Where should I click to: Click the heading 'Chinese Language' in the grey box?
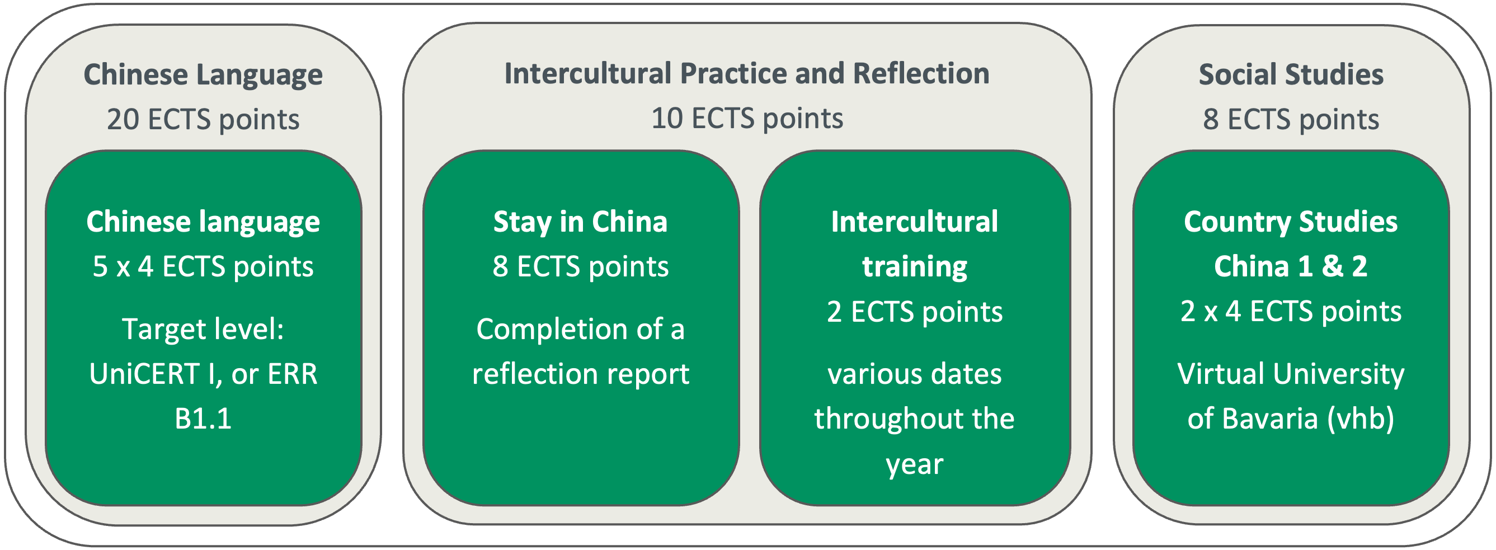203,76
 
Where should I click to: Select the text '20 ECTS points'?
203,120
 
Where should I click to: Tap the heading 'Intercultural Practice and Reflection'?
747,74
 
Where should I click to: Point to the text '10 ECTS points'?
747,119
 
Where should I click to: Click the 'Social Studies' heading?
1291,74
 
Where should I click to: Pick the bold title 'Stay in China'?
581,222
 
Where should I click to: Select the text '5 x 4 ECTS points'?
203,266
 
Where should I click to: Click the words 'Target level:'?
203,330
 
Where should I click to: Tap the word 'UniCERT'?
144,374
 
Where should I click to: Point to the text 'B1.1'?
203,419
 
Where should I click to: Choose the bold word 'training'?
915,267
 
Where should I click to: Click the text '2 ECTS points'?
915,312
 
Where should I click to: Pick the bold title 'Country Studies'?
1291,222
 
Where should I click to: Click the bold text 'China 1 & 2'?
1291,266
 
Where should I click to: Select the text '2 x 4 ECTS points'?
1291,312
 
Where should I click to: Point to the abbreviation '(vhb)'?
1361,419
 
